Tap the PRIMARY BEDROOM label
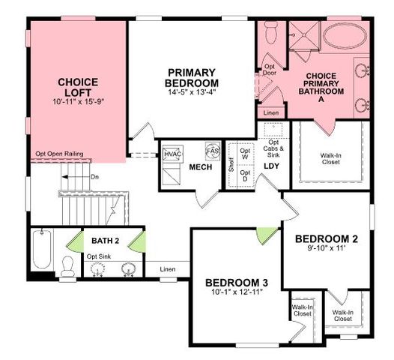193,77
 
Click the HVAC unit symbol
172,154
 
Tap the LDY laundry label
271,166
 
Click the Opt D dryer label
245,177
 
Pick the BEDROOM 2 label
326,239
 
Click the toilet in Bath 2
67,266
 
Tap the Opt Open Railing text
58,154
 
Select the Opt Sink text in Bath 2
99,256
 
